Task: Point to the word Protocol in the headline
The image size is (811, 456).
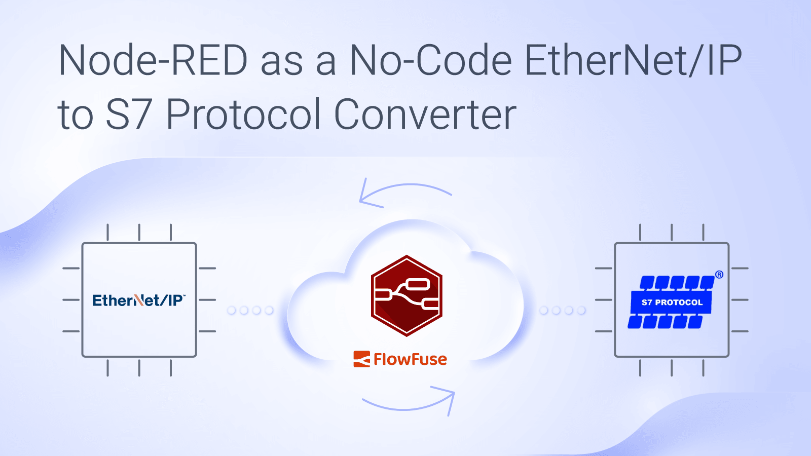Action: [244, 115]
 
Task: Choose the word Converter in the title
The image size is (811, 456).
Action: [425, 115]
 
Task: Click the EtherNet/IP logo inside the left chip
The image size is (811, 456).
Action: [139, 300]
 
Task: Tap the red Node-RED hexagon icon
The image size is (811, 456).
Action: [407, 296]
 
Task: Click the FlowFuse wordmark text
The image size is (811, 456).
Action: [410, 359]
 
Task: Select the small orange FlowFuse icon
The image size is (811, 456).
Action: [361, 359]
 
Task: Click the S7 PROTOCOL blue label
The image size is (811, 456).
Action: [672, 302]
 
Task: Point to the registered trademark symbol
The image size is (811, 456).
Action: [719, 275]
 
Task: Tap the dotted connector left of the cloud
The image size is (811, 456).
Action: [250, 310]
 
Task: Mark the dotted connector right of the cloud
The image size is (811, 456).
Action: [563, 310]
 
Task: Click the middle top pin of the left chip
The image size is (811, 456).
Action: [139, 232]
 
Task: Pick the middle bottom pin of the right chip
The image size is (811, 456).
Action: [672, 368]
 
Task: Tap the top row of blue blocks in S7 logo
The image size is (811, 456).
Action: [677, 283]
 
